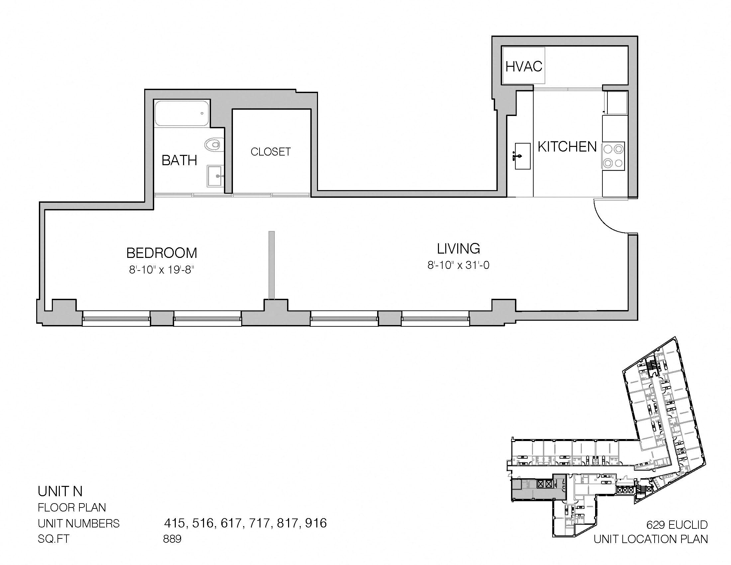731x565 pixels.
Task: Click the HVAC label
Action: (x=524, y=66)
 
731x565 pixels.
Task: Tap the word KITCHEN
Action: (x=567, y=147)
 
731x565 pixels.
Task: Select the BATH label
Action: (x=179, y=161)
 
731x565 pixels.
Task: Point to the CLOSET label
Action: (x=271, y=152)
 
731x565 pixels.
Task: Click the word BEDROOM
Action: (x=162, y=253)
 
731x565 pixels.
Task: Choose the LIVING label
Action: (x=459, y=249)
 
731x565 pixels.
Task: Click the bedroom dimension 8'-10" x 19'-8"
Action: (x=162, y=270)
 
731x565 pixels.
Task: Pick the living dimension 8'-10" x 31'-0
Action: (x=458, y=266)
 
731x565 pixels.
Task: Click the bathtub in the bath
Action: (x=182, y=113)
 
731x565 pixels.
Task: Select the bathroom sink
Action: (x=216, y=175)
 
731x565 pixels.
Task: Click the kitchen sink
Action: (x=522, y=156)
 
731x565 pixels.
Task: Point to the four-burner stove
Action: (x=613, y=156)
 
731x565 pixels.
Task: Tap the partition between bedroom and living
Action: (x=271, y=265)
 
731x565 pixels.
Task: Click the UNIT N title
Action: (x=60, y=491)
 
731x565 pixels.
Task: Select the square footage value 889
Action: (x=172, y=539)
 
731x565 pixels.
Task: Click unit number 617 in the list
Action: (x=231, y=523)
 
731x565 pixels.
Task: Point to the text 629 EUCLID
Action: (x=677, y=524)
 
